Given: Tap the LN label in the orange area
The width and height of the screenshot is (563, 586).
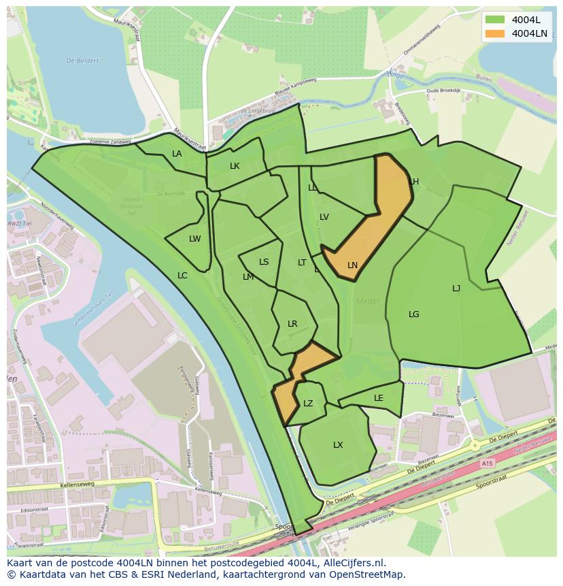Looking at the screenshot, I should [x=352, y=265].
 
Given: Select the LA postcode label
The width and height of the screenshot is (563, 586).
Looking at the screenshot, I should [x=177, y=154].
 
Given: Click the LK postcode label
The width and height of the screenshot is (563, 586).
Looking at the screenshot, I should [x=235, y=166].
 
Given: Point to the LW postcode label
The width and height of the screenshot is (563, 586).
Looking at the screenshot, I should [x=195, y=239].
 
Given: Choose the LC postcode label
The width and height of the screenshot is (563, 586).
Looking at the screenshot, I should [x=182, y=276].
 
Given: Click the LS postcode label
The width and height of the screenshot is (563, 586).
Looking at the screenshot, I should [x=264, y=262].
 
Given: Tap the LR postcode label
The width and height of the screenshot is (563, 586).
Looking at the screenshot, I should [x=292, y=324].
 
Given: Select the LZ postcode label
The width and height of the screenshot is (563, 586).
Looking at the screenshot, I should [x=308, y=404].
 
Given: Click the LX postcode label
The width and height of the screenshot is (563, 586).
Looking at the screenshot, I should [x=338, y=445].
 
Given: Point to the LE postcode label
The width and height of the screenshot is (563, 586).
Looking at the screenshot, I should [x=379, y=398].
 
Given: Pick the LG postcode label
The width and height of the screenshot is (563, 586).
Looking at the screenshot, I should [x=414, y=314].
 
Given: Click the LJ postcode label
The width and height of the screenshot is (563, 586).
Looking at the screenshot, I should [x=456, y=289].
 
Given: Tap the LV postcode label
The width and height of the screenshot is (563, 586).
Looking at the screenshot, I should [x=324, y=217].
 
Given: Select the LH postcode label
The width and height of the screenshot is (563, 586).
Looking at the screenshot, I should [x=414, y=182].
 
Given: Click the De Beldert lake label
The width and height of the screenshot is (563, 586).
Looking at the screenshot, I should [x=82, y=61].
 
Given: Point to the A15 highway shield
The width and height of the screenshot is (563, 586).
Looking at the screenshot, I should [x=486, y=463].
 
